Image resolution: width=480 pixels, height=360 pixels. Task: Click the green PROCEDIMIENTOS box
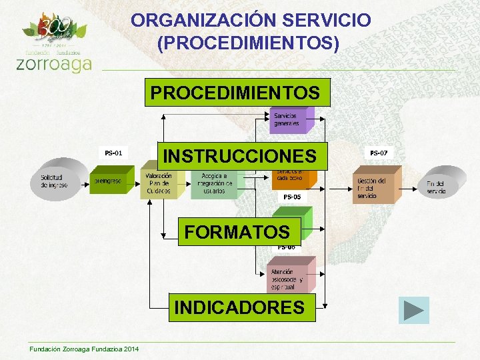coord(237,93)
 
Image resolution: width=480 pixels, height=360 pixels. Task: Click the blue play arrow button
coord(413,311)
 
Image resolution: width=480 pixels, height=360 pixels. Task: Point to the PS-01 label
coord(113,153)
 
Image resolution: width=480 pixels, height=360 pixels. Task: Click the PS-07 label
coord(378,153)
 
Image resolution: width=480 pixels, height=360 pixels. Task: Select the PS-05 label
coord(292,197)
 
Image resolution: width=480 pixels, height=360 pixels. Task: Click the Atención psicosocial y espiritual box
coord(285,279)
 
